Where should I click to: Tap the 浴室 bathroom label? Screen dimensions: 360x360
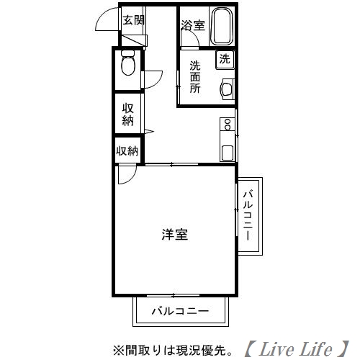[192, 25]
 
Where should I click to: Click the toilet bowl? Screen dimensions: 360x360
[128, 67]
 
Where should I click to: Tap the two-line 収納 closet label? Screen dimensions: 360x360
[128, 114]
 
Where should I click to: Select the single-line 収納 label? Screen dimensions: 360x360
[127, 150]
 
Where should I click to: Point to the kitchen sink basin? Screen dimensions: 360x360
[228, 152]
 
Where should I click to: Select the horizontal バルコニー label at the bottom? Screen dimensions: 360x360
[180, 312]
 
